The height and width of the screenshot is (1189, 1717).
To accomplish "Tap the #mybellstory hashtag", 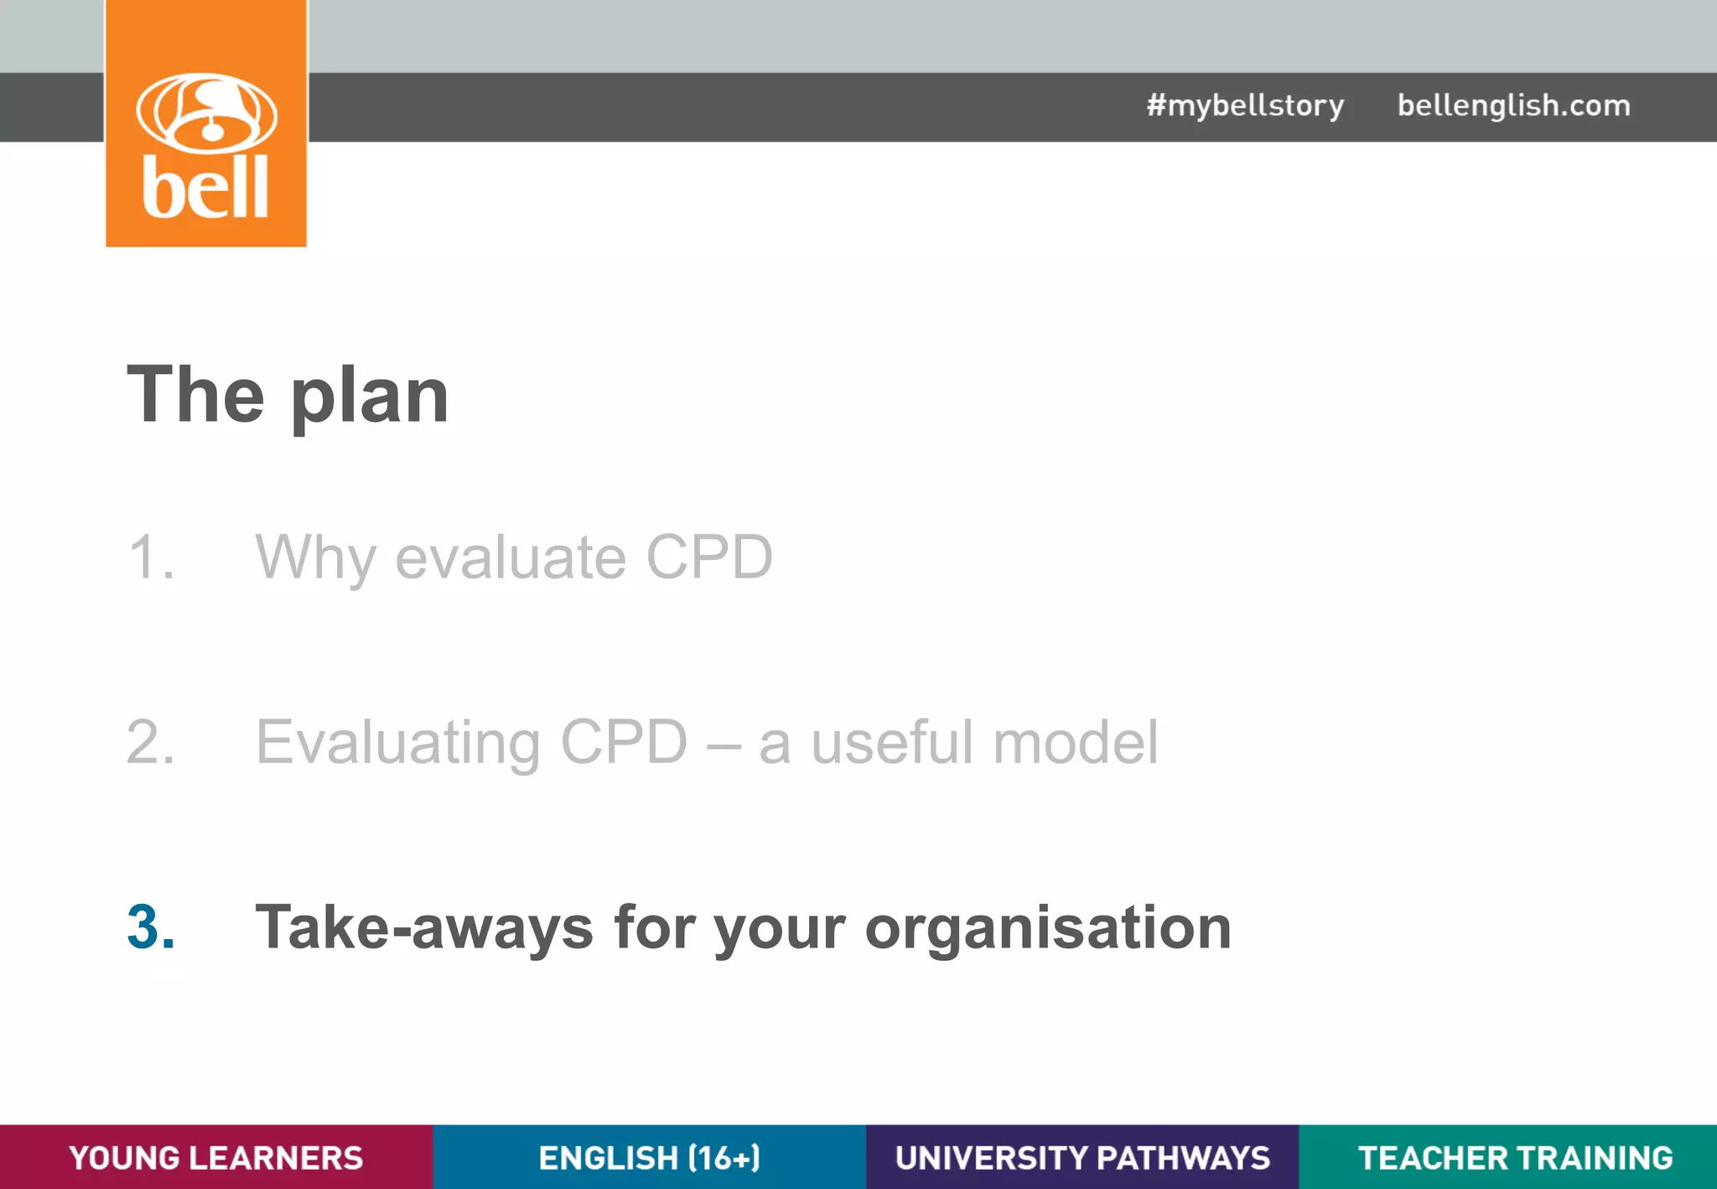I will click(x=1245, y=106).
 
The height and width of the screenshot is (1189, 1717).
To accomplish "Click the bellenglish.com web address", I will click(x=1513, y=106).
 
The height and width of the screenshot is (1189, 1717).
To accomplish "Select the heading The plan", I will click(x=288, y=395).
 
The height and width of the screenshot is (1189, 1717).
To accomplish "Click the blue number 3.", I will click(x=151, y=927).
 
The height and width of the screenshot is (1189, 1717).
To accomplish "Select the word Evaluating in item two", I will click(x=397, y=744).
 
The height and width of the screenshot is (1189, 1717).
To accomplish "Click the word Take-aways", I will click(x=424, y=927).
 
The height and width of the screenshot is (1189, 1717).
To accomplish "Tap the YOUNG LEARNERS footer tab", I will click(x=216, y=1157).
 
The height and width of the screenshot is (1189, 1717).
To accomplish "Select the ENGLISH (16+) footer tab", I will click(x=649, y=1157).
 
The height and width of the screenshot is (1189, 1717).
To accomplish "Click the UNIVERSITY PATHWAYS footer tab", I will click(x=1082, y=1157).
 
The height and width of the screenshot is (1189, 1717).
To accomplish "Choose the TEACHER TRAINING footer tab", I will click(x=1515, y=1157).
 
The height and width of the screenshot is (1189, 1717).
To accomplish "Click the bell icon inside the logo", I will click(x=207, y=112).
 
